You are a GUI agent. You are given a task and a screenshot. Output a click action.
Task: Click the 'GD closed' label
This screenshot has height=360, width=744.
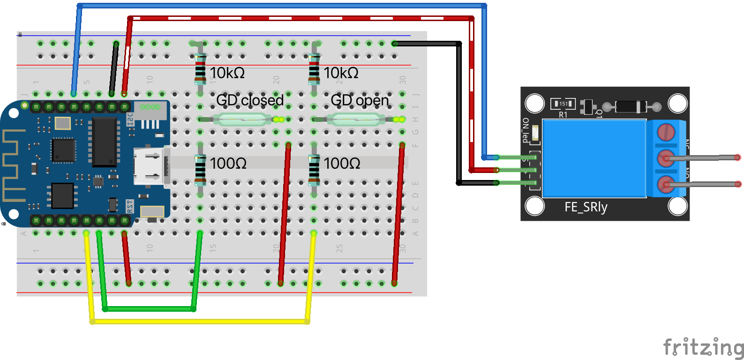[250, 100]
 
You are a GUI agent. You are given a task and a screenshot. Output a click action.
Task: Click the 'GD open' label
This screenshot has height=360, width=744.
[360, 100]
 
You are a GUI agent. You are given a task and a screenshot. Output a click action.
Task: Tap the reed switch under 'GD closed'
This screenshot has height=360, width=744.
[242, 120]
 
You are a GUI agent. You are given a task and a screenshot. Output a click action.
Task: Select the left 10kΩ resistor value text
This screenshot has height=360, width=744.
[227, 73]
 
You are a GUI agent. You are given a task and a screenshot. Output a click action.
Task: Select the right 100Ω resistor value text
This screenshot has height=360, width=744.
[342, 164]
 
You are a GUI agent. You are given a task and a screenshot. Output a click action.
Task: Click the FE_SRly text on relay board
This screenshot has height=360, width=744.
[586, 207]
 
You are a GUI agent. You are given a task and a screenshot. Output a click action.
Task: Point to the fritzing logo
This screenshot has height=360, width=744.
[703, 348]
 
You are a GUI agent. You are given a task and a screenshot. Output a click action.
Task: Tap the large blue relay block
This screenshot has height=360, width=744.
[594, 158]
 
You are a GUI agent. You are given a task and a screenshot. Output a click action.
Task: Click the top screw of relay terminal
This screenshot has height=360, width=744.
[666, 132]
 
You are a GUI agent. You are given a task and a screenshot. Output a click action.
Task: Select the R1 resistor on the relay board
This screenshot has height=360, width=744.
[563, 104]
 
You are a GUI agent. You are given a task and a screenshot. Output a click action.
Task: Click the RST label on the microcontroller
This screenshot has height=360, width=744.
[130, 205]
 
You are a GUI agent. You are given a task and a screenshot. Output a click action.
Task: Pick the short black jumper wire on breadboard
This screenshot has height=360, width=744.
[113, 68]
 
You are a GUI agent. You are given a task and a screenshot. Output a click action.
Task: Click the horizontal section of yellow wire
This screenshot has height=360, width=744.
[199, 322]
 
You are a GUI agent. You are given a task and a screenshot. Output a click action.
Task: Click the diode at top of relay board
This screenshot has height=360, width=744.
[631, 107]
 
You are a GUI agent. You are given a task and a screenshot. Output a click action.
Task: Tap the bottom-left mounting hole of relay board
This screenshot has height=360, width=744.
[534, 205]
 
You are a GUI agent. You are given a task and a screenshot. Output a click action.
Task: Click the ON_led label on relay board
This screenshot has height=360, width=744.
[526, 130]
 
